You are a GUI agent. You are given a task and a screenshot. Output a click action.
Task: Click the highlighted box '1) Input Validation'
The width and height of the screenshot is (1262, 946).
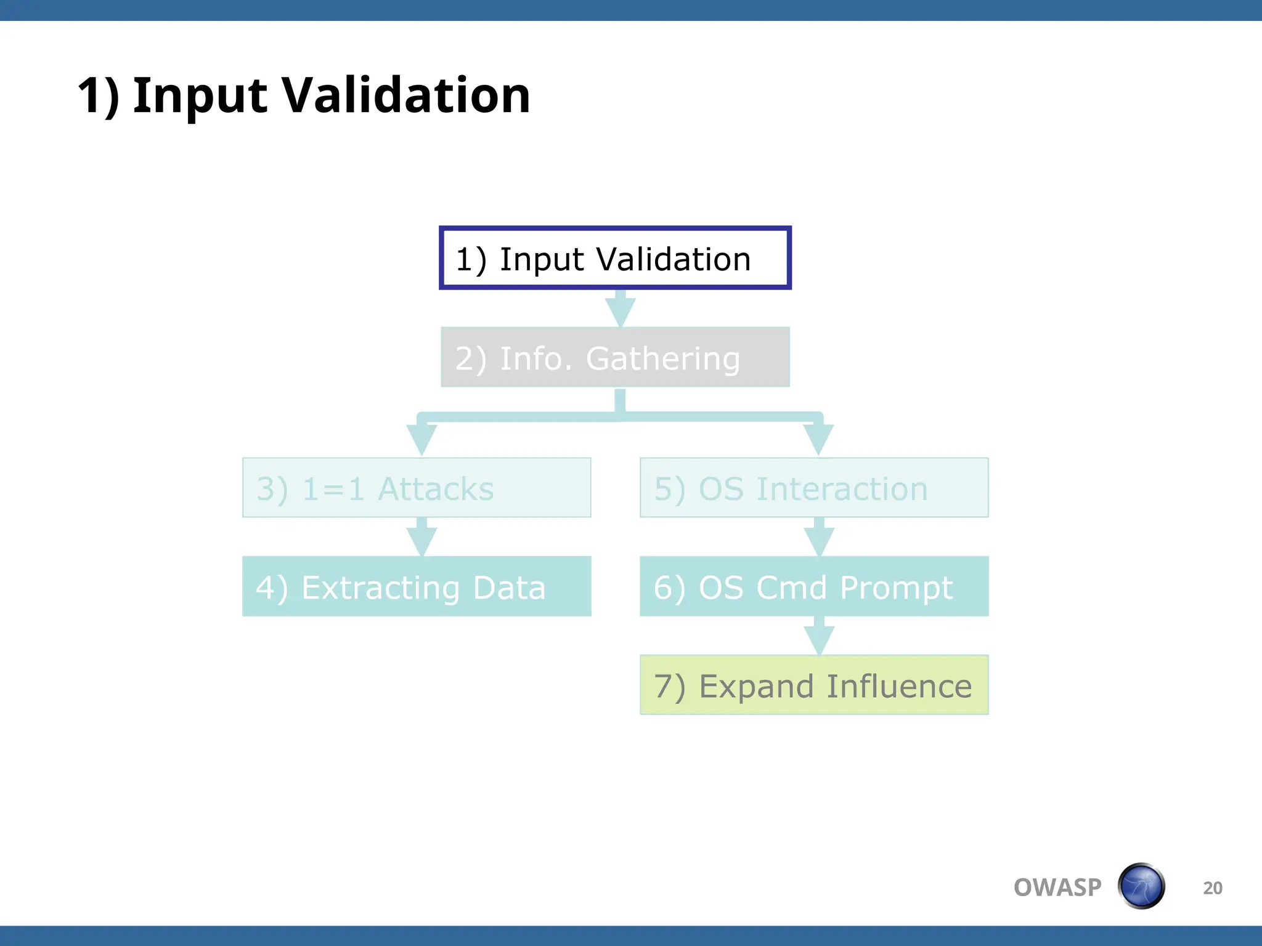tap(615, 258)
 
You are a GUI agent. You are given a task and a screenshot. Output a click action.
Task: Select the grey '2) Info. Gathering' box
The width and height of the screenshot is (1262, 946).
tap(615, 357)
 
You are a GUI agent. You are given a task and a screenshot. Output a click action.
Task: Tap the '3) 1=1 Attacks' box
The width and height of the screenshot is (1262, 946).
tap(417, 488)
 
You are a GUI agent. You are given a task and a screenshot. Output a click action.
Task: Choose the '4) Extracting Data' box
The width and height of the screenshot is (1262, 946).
tap(417, 586)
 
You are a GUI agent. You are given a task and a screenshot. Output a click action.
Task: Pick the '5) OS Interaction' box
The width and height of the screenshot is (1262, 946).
tap(814, 488)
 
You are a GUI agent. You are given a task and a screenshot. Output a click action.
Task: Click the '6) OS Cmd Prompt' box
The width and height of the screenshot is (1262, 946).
tap(814, 586)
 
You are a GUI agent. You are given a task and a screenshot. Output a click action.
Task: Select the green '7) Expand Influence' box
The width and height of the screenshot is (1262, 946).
tap(814, 685)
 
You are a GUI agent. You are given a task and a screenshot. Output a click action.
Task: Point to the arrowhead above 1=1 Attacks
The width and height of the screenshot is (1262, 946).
tap(422, 439)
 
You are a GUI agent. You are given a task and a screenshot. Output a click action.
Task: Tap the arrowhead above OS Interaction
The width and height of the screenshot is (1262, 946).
tap(818, 439)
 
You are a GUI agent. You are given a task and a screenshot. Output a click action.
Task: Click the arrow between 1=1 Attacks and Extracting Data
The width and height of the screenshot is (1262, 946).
tap(422, 538)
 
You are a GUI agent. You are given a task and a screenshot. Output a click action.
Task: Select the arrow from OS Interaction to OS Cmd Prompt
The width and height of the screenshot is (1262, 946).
tap(819, 538)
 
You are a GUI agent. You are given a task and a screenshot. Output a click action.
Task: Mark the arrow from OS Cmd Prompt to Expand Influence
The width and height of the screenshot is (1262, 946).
tap(819, 637)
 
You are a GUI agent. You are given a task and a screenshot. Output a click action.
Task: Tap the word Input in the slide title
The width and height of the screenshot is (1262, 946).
tap(200, 95)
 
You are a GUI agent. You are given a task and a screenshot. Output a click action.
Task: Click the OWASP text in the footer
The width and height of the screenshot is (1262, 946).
tap(1057, 887)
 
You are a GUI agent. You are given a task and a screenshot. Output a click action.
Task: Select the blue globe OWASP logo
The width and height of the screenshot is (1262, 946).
tap(1141, 886)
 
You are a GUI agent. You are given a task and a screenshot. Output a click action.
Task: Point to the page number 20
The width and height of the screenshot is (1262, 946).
tap(1212, 888)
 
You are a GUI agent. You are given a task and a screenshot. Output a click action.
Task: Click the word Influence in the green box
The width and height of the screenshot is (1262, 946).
tap(899, 686)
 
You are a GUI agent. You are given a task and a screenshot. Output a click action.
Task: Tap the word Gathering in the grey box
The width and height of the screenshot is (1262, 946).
tap(662, 358)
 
